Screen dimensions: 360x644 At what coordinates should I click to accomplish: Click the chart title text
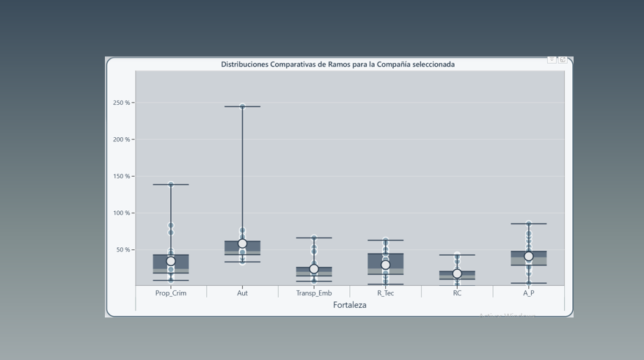click(x=337, y=65)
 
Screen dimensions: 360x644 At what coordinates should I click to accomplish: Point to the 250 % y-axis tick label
click(x=121, y=103)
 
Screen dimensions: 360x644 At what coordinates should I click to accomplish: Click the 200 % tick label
click(x=121, y=139)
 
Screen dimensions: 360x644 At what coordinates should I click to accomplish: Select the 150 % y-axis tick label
click(x=121, y=177)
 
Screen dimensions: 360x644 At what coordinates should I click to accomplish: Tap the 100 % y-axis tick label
click(x=121, y=213)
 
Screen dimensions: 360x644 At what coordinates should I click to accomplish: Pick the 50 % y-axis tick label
click(x=122, y=250)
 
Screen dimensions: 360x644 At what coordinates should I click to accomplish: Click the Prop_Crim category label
click(x=171, y=293)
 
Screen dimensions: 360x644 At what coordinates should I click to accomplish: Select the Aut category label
click(x=242, y=293)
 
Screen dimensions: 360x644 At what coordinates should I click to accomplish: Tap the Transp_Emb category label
click(x=314, y=293)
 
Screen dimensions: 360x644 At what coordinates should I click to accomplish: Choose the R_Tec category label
click(x=385, y=293)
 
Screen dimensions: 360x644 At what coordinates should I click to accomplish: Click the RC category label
click(x=457, y=293)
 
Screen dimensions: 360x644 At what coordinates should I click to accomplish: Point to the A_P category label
click(x=528, y=293)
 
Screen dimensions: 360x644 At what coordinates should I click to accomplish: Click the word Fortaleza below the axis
click(x=350, y=305)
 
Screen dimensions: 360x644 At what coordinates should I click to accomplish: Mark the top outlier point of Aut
click(x=242, y=106)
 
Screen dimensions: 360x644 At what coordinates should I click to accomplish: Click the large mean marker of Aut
click(x=242, y=243)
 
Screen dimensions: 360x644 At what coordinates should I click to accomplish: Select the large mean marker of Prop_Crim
click(x=171, y=261)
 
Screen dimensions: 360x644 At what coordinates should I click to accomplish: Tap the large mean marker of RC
click(x=457, y=273)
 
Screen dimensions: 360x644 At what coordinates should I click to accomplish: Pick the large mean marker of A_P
click(x=528, y=256)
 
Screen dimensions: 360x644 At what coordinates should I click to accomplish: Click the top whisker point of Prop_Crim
click(x=171, y=184)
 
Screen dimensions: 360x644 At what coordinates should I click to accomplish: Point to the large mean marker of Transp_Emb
click(x=314, y=269)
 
